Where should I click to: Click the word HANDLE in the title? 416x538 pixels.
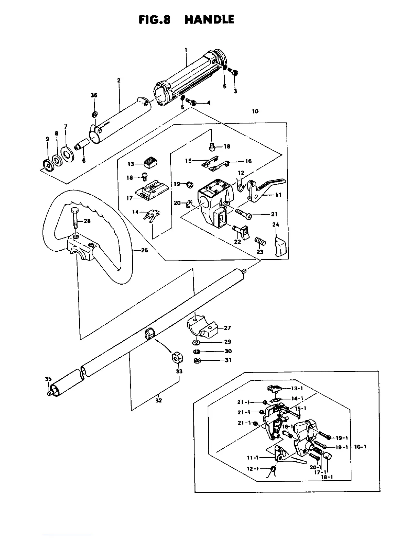coord(209,20)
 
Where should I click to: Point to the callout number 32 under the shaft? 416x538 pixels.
coord(159,400)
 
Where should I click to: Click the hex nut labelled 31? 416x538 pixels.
coord(197,361)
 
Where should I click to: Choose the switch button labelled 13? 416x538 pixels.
coord(149,163)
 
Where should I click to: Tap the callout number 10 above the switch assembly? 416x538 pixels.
coord(255,111)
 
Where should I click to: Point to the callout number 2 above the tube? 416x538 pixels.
coord(119,80)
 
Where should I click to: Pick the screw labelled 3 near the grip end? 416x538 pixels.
coord(233,72)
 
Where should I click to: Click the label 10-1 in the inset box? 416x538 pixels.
coord(360,447)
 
